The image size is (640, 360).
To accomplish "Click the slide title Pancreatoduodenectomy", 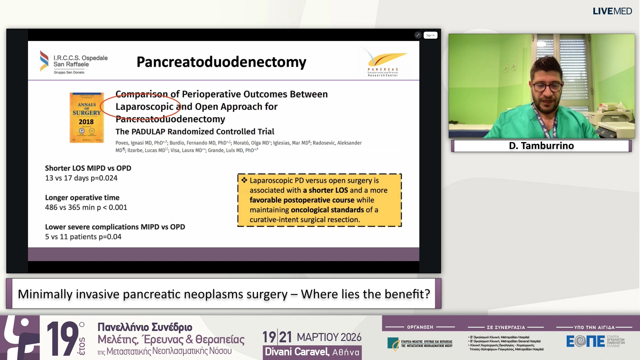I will (x=221, y=62).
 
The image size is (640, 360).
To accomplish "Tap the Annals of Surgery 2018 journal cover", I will (x=87, y=117).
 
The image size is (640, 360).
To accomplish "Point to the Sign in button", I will (x=430, y=35).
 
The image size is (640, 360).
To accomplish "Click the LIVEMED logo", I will (x=612, y=11).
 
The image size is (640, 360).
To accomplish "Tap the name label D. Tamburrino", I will (x=541, y=146).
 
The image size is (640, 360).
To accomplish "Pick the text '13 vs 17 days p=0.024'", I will (x=81, y=178).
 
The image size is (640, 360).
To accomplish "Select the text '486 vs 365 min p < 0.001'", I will (x=86, y=207).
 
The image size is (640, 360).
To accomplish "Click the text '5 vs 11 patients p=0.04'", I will (x=83, y=237).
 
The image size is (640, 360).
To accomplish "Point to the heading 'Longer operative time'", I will (x=82, y=198).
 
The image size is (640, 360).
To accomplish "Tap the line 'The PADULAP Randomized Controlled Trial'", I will (x=195, y=132).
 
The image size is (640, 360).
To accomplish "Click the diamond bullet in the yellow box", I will (x=244, y=180).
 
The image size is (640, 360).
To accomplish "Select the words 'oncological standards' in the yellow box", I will (x=327, y=210).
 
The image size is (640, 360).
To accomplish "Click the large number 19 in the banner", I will (x=62, y=338).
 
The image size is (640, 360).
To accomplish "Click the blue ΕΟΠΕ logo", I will (x=585, y=341).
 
